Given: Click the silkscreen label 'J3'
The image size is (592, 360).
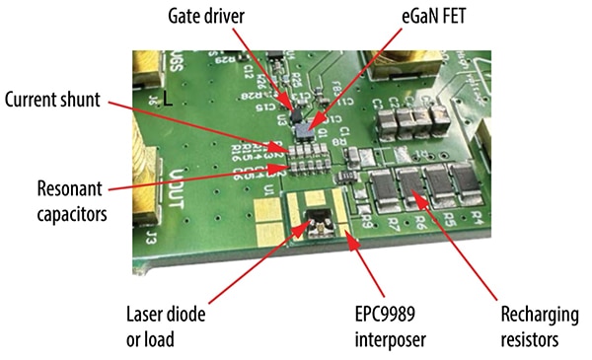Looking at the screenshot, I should [x=152, y=238].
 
